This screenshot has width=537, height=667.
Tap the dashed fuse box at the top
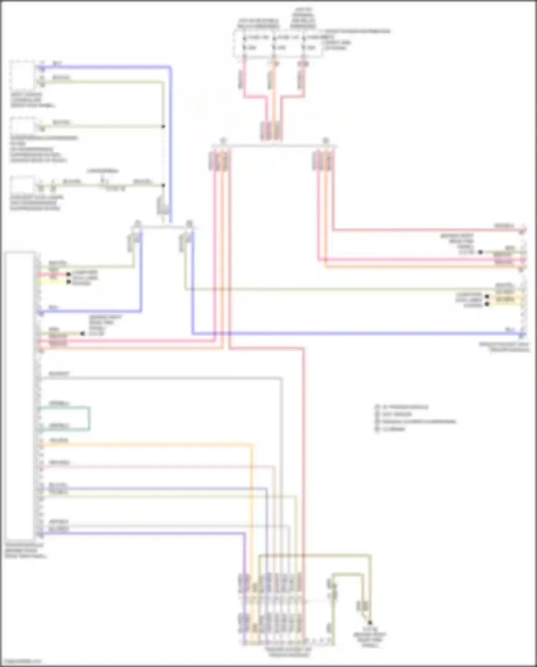(277, 44)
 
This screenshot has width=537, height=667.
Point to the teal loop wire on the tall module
(89, 418)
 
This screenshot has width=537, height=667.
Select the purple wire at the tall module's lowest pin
(143, 533)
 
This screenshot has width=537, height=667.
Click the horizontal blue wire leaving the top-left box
(107, 67)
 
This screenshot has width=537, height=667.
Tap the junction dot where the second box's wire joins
(163, 127)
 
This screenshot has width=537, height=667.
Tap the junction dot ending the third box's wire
(163, 185)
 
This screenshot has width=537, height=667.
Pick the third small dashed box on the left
(22, 185)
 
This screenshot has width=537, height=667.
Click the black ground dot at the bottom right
(370, 623)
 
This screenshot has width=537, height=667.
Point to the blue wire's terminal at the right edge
(522, 334)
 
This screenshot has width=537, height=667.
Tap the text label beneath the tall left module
(25, 551)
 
